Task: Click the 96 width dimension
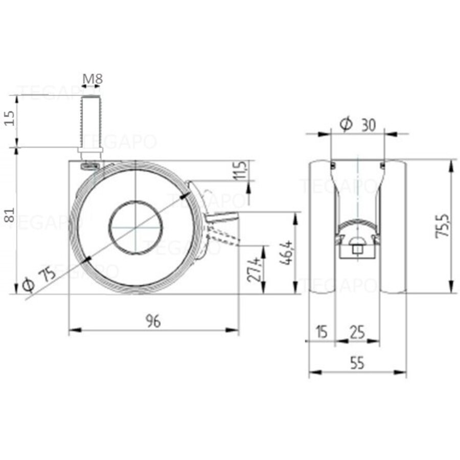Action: pyautogui.click(x=153, y=321)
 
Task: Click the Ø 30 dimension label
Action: pyautogui.click(x=364, y=124)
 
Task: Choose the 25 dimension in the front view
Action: pyautogui.click(x=357, y=333)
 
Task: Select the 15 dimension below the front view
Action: pyautogui.click(x=321, y=333)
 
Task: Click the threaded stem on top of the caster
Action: pyautogui.click(x=90, y=123)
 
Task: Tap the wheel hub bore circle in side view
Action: pyautogui.click(x=136, y=227)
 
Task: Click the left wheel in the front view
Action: pyautogui.click(x=321, y=227)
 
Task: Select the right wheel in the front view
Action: pyautogui.click(x=394, y=227)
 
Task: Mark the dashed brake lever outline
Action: pyautogui.click(x=225, y=238)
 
